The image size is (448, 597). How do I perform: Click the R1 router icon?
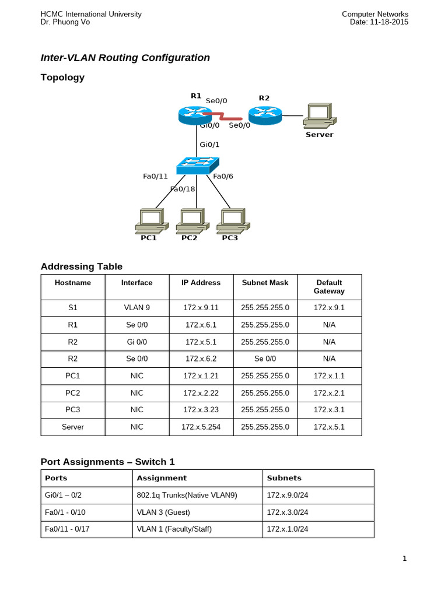[195, 115]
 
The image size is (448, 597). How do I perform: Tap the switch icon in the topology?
[196, 165]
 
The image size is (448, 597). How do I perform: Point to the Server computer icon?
[318, 115]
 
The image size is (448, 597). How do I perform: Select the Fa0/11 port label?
[155, 176]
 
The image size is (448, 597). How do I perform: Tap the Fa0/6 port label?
[223, 176]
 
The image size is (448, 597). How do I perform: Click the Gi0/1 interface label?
[209, 145]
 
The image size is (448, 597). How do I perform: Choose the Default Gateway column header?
[329, 287]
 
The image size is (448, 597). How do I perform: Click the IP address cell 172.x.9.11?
[201, 308]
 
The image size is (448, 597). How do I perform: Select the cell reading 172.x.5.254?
[201, 427]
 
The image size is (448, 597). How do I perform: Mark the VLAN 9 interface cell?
[136, 308]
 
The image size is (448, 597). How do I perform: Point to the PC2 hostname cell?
[73, 394]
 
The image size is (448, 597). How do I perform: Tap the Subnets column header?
[284, 478]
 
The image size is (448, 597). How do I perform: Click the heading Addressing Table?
[82, 266]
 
